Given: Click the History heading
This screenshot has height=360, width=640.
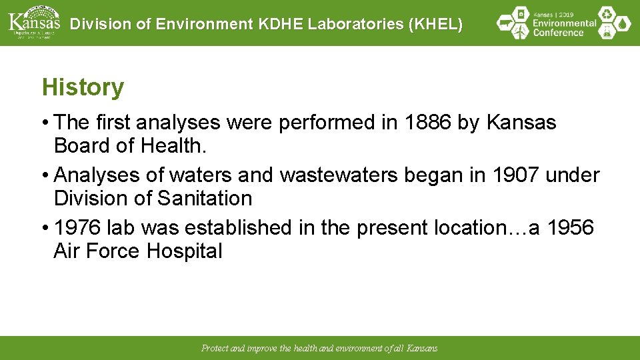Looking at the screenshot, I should (x=83, y=87).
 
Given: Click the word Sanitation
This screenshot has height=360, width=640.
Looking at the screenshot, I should (x=205, y=199).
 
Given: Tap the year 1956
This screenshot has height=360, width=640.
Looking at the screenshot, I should (x=570, y=228).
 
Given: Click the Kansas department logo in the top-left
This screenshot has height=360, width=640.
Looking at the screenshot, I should (x=33, y=23).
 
